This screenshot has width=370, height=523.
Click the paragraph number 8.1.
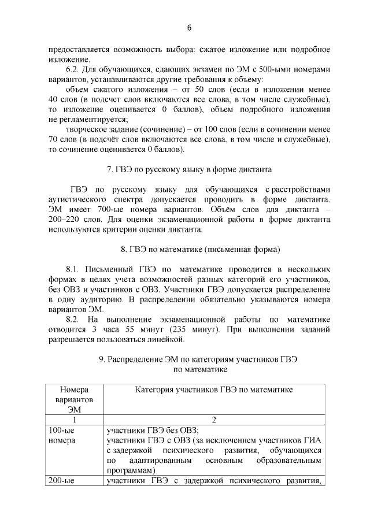(74, 270)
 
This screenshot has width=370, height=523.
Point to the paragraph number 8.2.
(74, 320)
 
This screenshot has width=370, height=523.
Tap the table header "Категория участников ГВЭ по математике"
(214, 390)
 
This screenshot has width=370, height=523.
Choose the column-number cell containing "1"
(74, 420)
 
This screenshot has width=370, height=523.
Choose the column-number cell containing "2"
(214, 420)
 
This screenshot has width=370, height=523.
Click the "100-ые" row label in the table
(62, 430)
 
